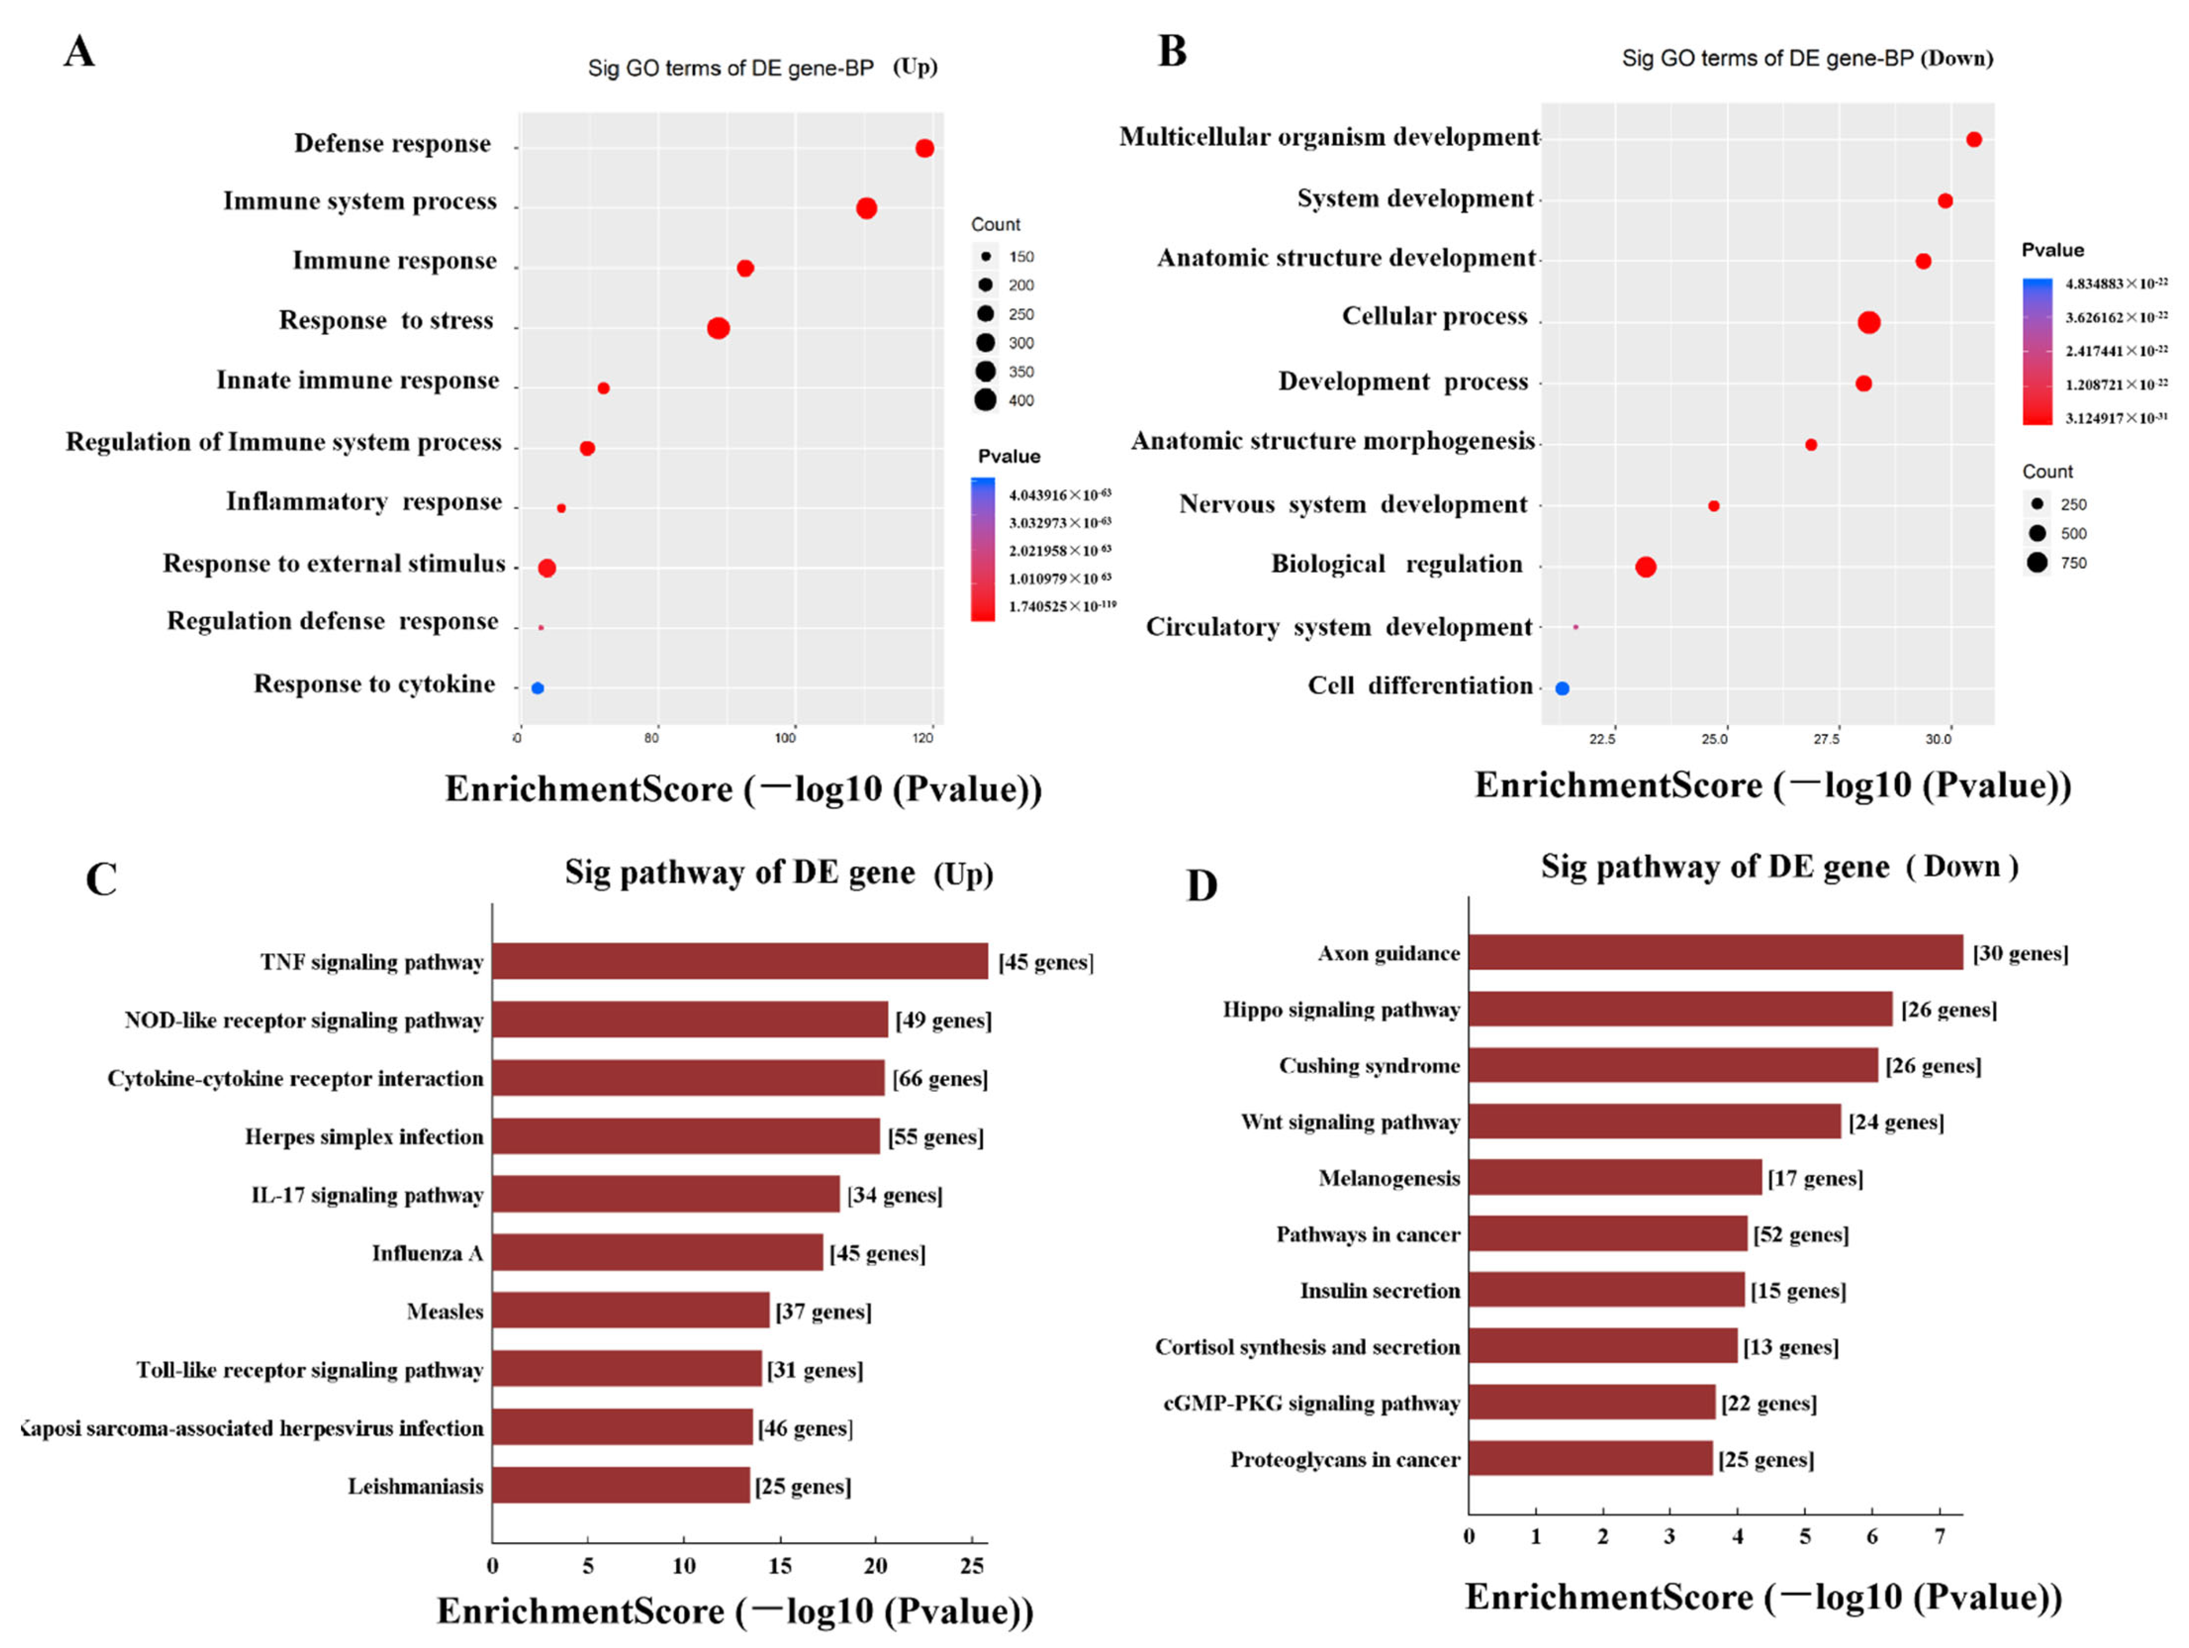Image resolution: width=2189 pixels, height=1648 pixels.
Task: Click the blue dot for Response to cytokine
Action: point(537,688)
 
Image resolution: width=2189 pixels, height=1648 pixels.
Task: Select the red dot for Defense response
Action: point(924,148)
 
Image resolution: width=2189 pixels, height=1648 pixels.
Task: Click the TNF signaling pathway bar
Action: point(739,961)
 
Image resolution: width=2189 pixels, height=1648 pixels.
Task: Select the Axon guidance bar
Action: point(1715,952)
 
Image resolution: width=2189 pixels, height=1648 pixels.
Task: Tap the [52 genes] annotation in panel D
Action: point(1800,1234)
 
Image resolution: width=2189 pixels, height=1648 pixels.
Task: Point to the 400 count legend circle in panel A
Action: point(984,400)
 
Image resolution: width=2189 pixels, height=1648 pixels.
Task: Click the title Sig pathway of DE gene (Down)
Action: point(1778,867)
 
